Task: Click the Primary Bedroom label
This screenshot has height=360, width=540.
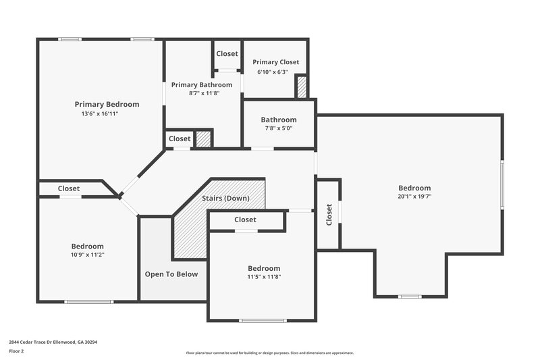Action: pos(107,104)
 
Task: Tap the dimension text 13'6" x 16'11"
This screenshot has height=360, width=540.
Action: pos(100,113)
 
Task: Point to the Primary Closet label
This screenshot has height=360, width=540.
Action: pos(275,62)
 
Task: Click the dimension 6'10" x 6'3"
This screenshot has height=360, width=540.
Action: pos(272,72)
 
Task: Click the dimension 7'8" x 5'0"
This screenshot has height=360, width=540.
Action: pos(278,129)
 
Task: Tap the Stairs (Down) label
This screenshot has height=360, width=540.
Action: pos(225,199)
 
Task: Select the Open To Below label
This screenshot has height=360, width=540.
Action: pos(171,274)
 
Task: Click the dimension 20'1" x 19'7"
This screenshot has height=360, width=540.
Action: pos(414,197)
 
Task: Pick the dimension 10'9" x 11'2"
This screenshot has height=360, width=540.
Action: pos(88,255)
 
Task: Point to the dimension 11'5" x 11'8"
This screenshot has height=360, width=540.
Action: pos(263,277)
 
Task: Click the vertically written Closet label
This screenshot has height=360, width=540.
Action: pos(329,215)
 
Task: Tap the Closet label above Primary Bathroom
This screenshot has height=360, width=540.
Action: pos(227,53)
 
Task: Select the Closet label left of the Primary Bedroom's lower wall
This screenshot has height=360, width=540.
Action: pos(69,188)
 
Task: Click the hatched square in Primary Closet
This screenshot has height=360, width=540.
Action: pos(302,87)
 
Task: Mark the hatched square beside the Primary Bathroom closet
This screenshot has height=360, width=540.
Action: pos(203,138)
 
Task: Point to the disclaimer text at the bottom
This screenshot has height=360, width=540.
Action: pos(269,353)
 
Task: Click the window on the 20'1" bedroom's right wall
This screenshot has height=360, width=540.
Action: pos(502,184)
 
